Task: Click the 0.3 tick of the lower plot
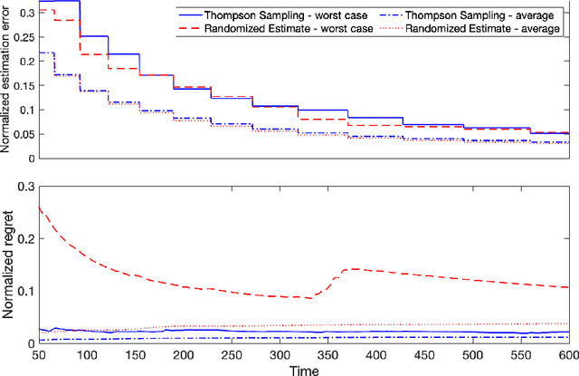(x=27, y=186)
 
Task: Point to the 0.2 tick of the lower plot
(x=27, y=238)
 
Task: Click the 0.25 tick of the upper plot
(x=22, y=37)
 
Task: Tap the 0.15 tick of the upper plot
(x=22, y=85)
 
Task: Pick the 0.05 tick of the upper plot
(x=22, y=134)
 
